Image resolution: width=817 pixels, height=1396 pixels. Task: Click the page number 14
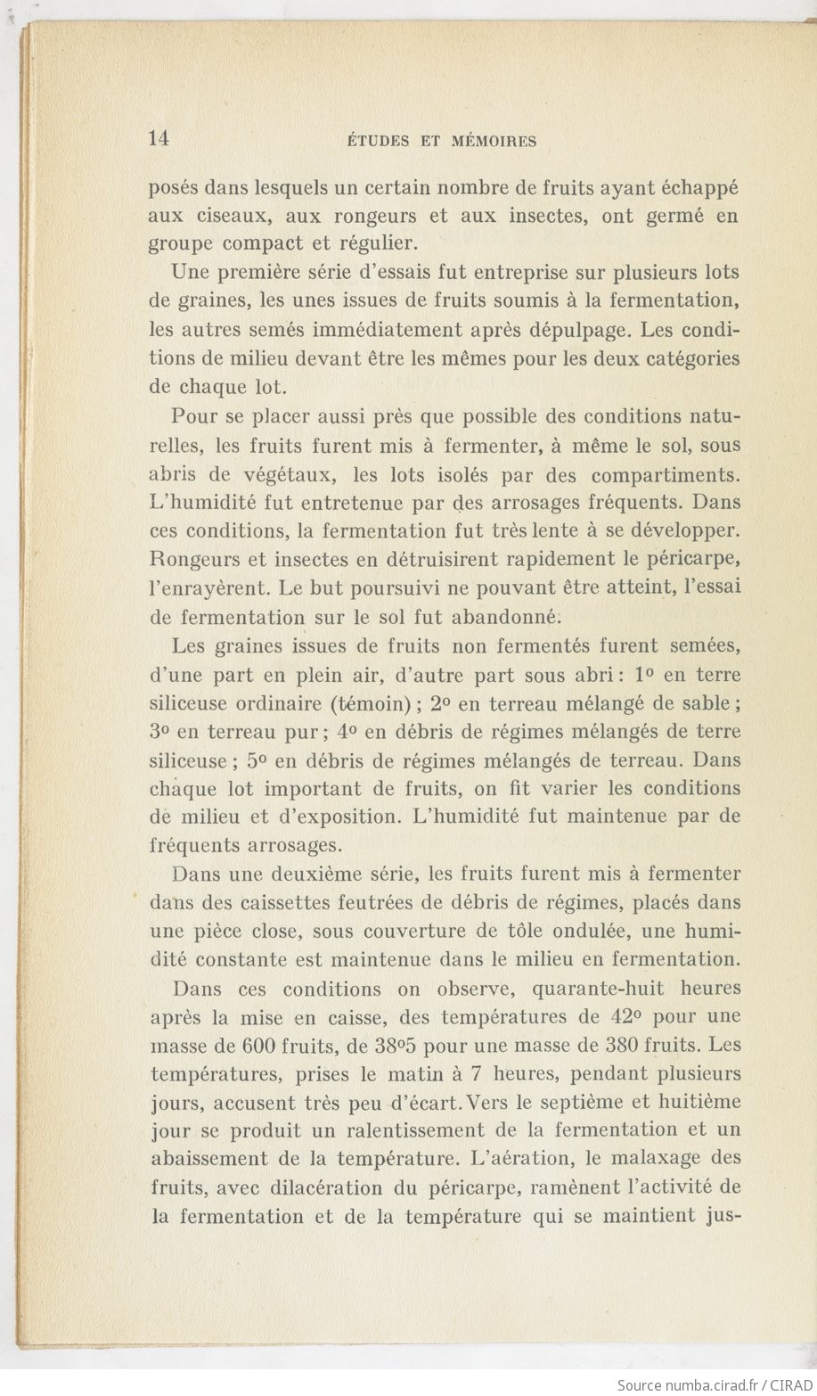(x=161, y=138)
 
